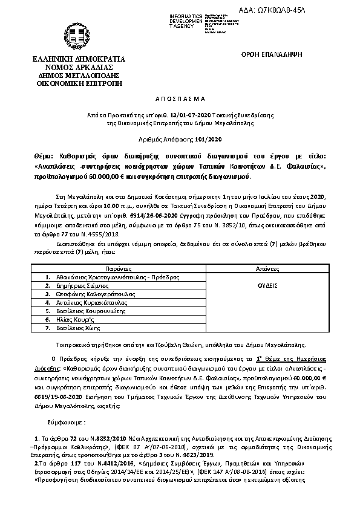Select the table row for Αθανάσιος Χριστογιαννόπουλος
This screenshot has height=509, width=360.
(116, 276)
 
